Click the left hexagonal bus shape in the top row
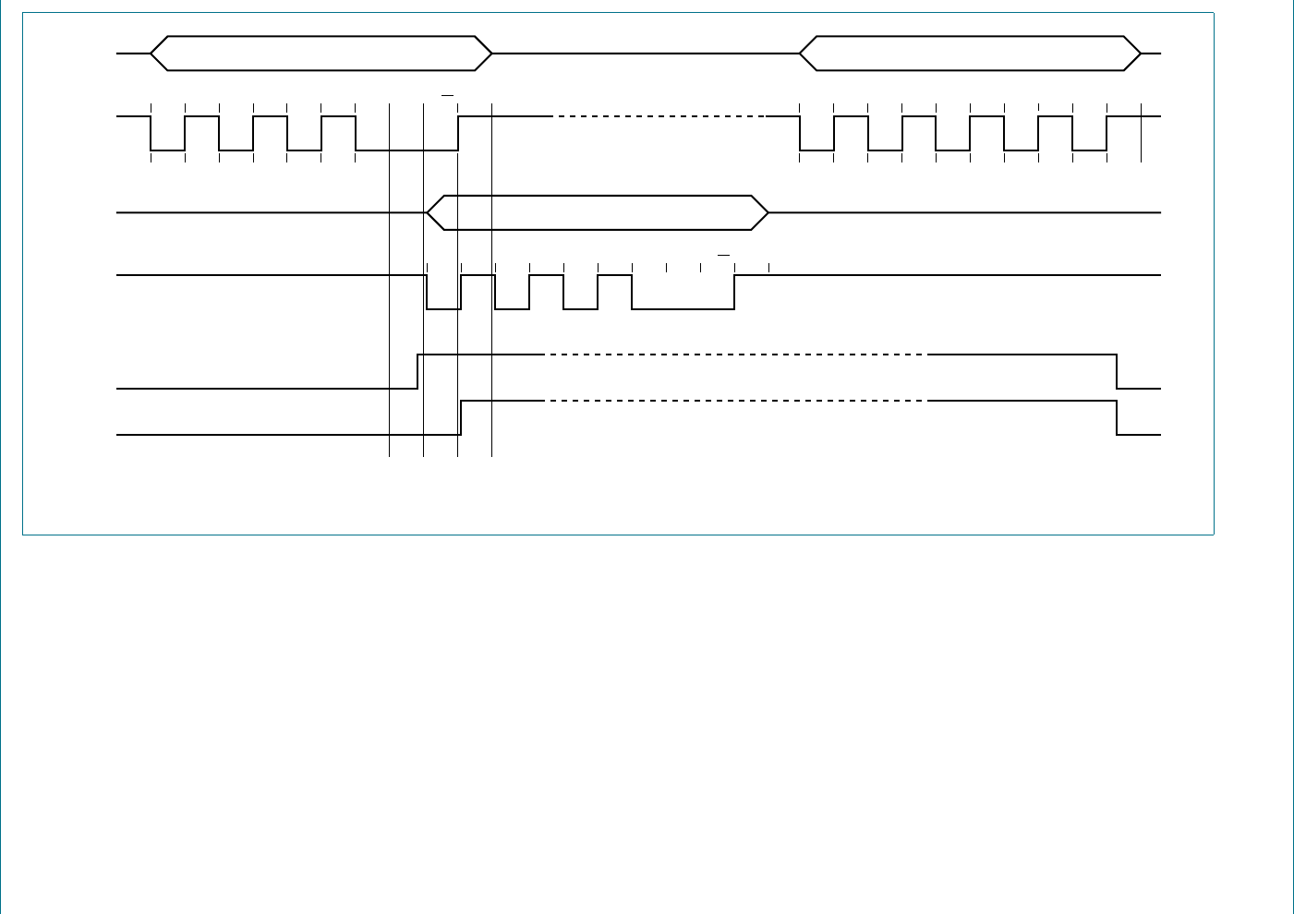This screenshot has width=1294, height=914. coord(320,54)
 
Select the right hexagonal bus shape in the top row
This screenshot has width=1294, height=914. coord(970,54)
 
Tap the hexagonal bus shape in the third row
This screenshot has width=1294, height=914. coord(597,212)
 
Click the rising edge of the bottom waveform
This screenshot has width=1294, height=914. coord(461,417)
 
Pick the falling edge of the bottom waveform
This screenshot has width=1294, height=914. coord(1117,417)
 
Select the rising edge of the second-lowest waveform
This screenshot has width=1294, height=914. coord(418,371)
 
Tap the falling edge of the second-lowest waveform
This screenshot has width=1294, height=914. coord(1117,371)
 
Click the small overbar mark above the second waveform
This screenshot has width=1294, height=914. coord(447,95)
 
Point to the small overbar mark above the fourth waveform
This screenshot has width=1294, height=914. coord(723,254)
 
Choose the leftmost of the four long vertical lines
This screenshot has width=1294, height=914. coord(390,277)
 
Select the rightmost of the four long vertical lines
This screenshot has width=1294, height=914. coord(491,277)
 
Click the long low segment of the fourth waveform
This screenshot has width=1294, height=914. coord(683,308)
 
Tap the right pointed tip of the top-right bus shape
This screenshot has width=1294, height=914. coord(1141,54)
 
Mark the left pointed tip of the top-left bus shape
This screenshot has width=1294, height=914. coord(151,54)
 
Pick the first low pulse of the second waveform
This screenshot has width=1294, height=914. coord(167,150)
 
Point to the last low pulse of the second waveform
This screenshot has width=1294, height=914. coord(1089,150)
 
